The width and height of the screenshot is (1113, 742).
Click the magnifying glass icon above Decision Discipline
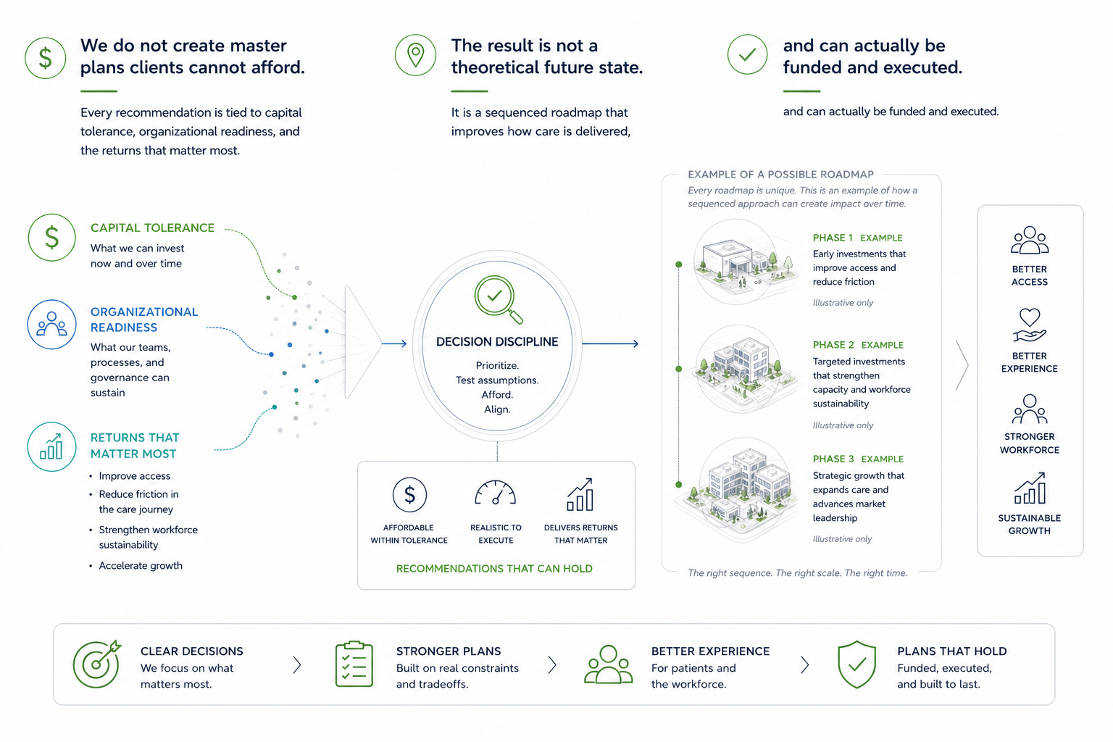(497, 299)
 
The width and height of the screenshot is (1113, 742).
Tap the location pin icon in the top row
(415, 54)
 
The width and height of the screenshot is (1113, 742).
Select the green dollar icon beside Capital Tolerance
(51, 238)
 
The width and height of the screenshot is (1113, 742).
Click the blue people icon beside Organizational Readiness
(51, 324)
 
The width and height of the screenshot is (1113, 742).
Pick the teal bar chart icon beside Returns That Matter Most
(51, 446)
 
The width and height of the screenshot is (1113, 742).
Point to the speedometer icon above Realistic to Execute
(496, 493)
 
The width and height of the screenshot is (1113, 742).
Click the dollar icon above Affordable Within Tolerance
(409, 494)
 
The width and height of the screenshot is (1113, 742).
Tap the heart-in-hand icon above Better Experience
(1030, 325)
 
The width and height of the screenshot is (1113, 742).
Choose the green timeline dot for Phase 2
(679, 369)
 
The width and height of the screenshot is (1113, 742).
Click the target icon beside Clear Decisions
(97, 664)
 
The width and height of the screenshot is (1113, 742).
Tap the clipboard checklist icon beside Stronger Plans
(354, 664)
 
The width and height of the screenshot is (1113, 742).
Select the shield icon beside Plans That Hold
(856, 664)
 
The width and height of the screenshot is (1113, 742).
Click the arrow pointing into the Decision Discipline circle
(394, 343)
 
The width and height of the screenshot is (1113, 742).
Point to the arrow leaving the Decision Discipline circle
(610, 343)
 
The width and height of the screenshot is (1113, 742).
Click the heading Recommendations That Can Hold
(494, 569)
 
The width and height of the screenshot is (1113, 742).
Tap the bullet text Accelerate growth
(141, 566)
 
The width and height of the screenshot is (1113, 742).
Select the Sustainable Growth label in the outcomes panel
(1030, 525)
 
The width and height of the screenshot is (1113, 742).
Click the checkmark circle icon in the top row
(747, 54)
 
